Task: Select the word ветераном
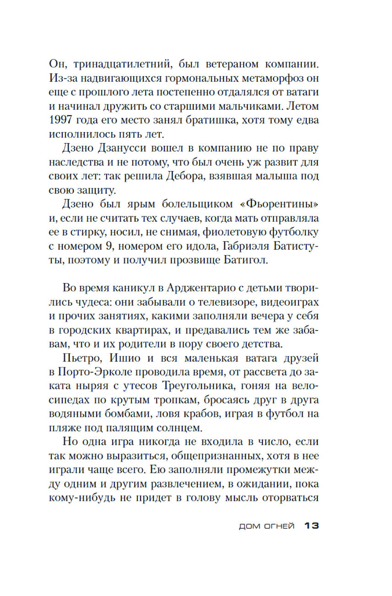pos(232,64)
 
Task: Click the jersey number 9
pos(109,246)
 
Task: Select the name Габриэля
pos(246,246)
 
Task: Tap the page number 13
pos(312,526)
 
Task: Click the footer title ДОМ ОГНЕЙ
pos(267,526)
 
